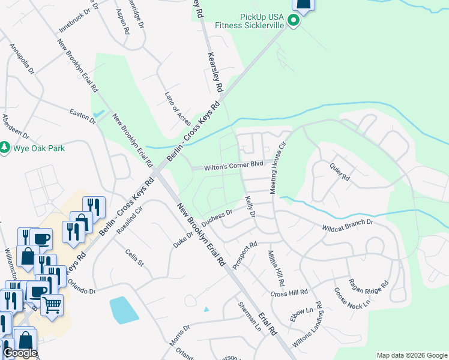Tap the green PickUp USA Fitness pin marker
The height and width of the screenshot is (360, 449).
tap(293, 22)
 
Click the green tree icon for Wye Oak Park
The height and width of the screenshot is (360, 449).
tap(5, 147)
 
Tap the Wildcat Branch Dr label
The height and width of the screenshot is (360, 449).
tap(348, 226)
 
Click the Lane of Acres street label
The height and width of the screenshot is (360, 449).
tap(177, 109)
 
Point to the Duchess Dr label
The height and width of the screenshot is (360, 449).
tap(217, 218)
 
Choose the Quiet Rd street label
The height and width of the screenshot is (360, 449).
tap(339, 172)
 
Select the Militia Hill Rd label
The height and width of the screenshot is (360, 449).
tap(277, 268)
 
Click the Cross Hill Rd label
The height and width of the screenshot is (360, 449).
tap(289, 293)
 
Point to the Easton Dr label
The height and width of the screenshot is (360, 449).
tap(83, 116)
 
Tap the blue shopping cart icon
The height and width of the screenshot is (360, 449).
tap(52, 305)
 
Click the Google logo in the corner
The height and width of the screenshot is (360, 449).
tap(20, 353)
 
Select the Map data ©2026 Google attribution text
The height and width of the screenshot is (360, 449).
tap(411, 355)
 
